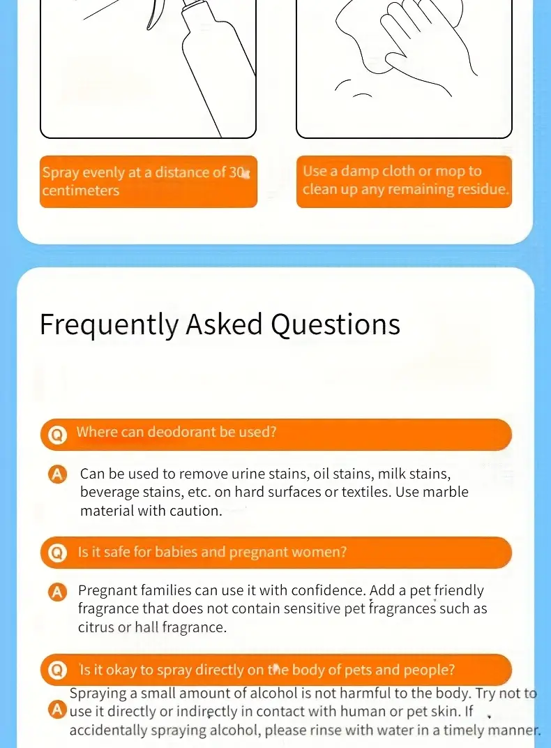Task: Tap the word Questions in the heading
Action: [x=335, y=325]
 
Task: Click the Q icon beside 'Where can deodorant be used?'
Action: [x=57, y=435]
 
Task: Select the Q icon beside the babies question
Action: [x=57, y=553]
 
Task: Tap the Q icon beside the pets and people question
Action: [x=57, y=671]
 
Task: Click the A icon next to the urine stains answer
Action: [x=58, y=474]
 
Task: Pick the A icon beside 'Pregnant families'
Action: [x=58, y=592]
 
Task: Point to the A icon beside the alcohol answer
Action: [x=57, y=710]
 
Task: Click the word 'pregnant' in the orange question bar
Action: [x=258, y=553]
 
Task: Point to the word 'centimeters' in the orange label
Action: [x=80, y=190]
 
